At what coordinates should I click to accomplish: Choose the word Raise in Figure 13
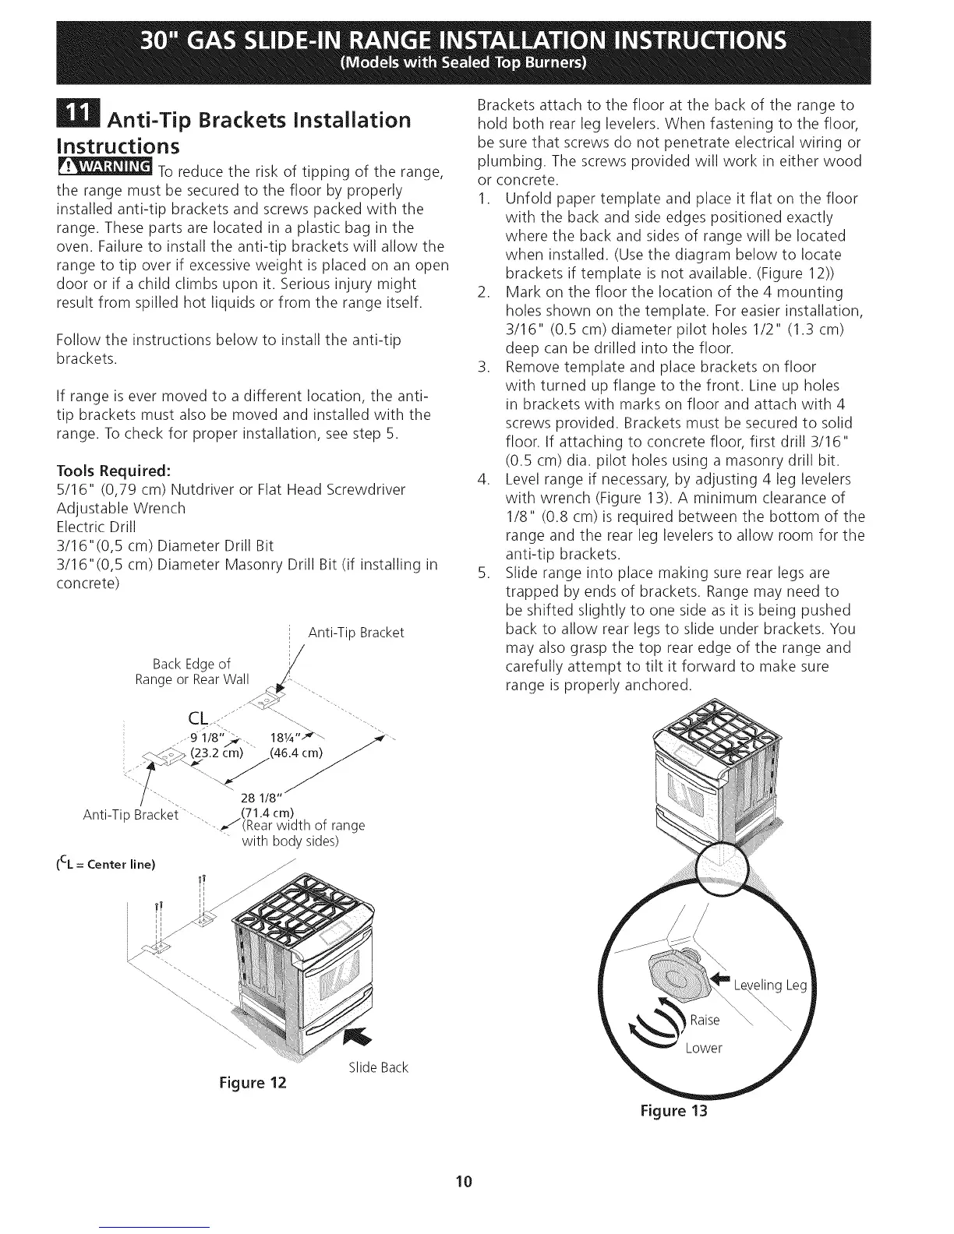click(706, 1020)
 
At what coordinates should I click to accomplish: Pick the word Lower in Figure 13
click(704, 1048)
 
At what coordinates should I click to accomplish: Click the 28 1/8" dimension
click(263, 795)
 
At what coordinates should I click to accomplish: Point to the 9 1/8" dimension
click(207, 738)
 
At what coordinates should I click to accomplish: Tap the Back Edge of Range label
click(192, 672)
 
